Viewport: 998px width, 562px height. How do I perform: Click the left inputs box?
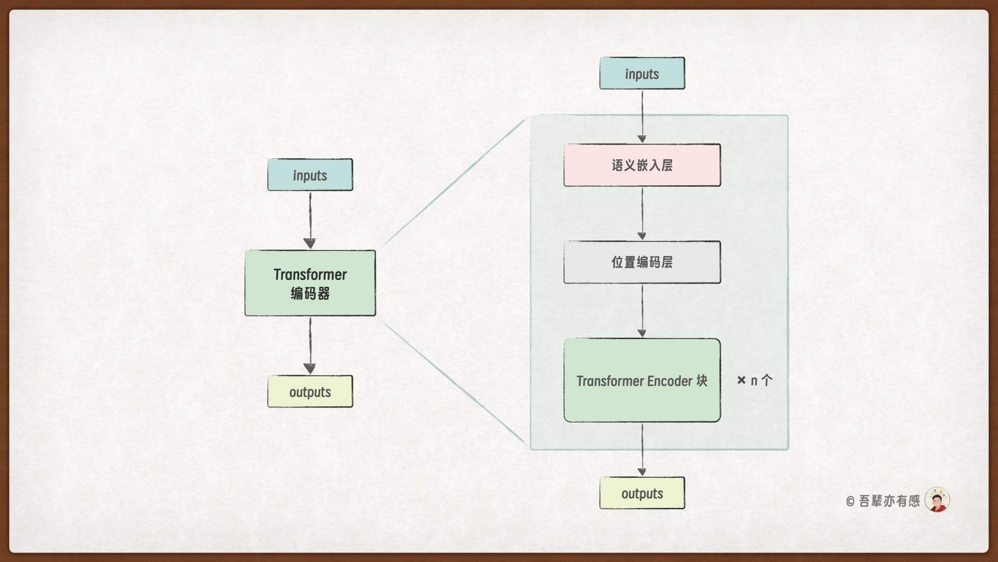310,175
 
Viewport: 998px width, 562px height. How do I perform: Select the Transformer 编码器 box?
310,283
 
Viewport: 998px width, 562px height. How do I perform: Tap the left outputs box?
310,391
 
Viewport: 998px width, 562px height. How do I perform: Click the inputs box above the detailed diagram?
642,73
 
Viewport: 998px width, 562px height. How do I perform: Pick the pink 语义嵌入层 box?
642,165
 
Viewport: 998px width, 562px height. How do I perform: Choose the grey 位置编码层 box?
642,262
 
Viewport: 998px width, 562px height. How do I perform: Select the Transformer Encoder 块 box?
642,380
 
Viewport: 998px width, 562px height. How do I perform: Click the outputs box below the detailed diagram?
642,493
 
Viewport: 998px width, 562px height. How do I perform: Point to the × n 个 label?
755,380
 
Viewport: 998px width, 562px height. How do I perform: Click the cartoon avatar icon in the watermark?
937,500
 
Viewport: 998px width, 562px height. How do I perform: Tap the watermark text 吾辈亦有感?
889,501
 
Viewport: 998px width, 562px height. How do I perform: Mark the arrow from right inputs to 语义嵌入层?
642,116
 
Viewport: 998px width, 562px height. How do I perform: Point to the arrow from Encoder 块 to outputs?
642,449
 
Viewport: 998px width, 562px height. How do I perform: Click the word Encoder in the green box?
669,381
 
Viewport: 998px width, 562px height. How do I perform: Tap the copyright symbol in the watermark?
850,501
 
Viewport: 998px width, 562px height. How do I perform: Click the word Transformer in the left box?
310,274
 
